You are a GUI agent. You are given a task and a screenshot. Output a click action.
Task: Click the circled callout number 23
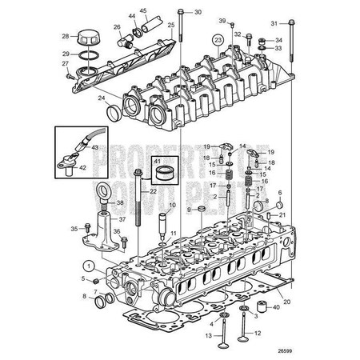217,38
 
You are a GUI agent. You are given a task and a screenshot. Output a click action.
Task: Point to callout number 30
198,13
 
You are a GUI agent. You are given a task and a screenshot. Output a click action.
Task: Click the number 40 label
277,306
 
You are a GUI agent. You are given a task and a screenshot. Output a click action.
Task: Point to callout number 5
82,278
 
